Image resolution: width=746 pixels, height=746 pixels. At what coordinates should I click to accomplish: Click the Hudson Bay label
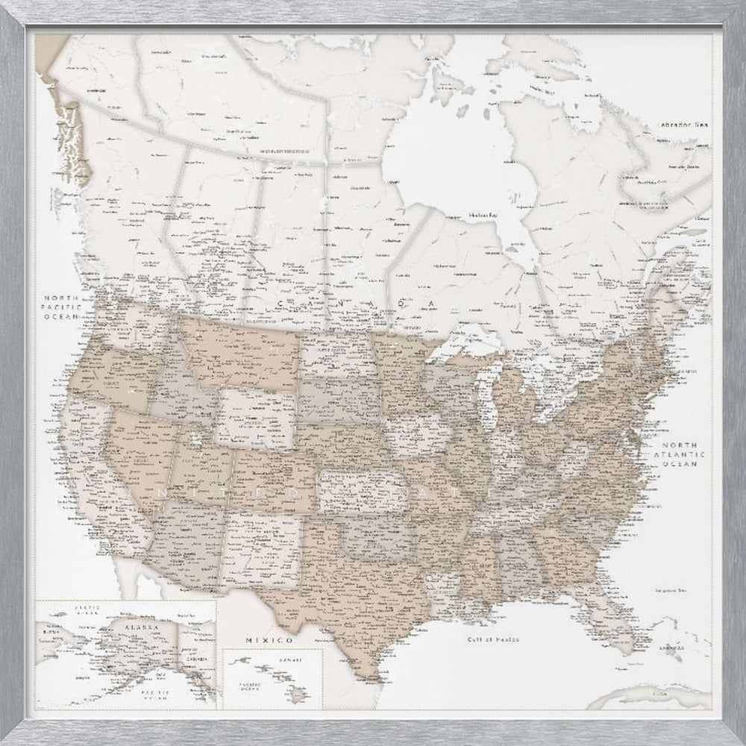coord(483,215)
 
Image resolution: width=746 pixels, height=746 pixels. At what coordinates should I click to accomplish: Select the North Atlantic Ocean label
coord(679,453)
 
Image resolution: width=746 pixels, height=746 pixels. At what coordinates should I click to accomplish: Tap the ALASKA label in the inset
coord(141,628)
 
